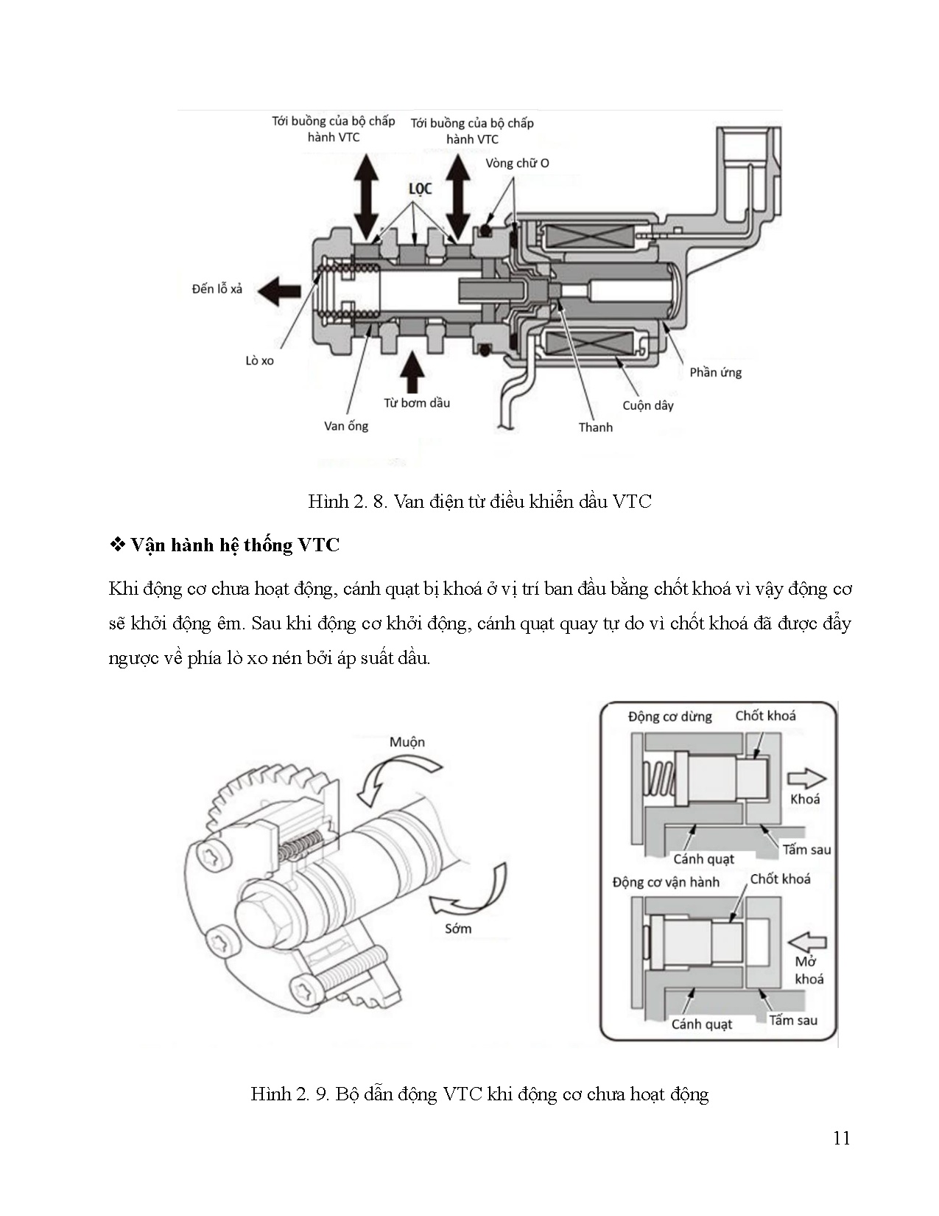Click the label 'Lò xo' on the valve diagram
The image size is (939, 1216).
click(x=259, y=360)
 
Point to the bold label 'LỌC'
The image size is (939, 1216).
click(x=420, y=189)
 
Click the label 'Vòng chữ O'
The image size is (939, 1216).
click(x=517, y=163)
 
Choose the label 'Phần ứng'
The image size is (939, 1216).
click(x=715, y=372)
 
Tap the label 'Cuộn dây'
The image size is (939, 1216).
click(x=647, y=405)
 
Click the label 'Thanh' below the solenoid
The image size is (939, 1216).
click(x=595, y=427)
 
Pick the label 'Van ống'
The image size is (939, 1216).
click(x=345, y=426)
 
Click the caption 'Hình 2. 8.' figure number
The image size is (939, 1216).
click(x=348, y=502)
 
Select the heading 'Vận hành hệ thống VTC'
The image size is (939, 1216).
click(x=234, y=545)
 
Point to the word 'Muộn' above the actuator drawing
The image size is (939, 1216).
click(x=407, y=742)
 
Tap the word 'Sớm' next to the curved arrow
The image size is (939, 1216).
click(x=457, y=929)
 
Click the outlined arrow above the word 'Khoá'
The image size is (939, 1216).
click(x=806, y=778)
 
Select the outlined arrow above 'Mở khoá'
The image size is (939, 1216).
click(x=807, y=941)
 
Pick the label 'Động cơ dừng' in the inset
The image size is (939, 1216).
click(x=669, y=716)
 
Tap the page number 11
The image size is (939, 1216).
click(x=841, y=1139)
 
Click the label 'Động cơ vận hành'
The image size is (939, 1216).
click(x=666, y=882)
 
